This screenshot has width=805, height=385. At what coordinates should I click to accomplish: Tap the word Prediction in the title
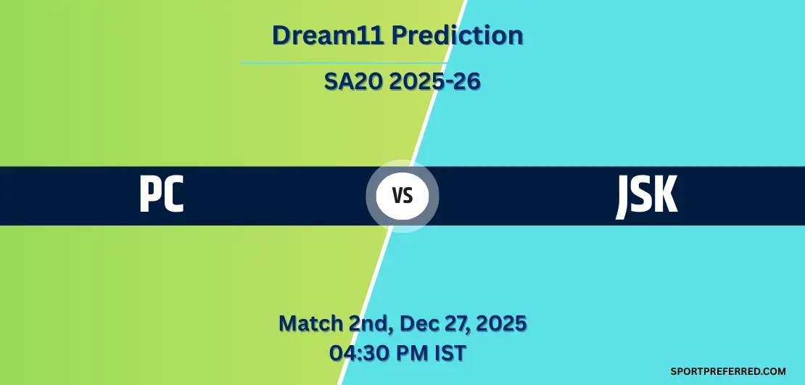(x=458, y=36)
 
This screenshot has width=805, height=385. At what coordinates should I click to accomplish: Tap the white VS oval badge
(x=402, y=196)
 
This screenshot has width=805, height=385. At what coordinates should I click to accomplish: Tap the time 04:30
(x=359, y=353)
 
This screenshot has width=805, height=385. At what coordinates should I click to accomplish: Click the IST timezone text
(x=449, y=353)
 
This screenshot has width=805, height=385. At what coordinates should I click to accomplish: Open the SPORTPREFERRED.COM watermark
(x=728, y=371)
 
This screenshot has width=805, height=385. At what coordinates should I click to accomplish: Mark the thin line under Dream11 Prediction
(x=344, y=63)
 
